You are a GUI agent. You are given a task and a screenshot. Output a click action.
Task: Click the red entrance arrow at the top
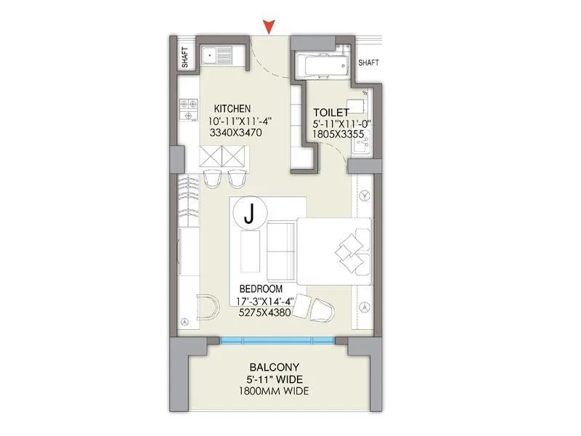(270, 27)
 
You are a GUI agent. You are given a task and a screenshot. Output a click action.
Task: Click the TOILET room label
(331, 112)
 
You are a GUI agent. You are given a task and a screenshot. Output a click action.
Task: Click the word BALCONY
(275, 367)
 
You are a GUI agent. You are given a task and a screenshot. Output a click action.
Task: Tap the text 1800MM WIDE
(275, 392)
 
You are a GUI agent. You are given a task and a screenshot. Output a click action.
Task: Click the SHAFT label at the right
(369, 63)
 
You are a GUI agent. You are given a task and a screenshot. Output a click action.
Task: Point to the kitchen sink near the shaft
(216, 54)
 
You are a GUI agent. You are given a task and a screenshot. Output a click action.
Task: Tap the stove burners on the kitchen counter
(190, 110)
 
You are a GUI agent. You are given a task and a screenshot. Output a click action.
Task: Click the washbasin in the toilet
(361, 145)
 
